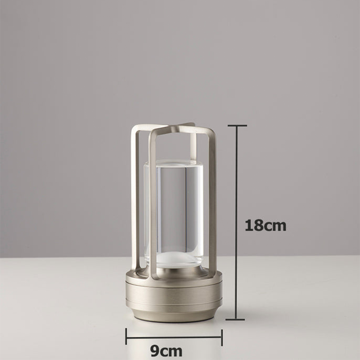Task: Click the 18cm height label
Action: (265, 225)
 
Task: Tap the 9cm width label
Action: (166, 350)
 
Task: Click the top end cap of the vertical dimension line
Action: (237, 126)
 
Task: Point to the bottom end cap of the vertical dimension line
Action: (235, 319)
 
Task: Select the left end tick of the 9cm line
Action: (126, 337)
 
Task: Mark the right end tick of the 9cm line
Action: (221, 337)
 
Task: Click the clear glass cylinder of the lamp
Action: (176, 209)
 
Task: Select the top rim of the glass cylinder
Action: (174, 163)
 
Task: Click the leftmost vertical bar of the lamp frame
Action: (135, 198)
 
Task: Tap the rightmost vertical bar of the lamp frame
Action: (212, 202)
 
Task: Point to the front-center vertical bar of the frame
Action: (153, 205)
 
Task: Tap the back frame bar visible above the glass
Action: (193, 144)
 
